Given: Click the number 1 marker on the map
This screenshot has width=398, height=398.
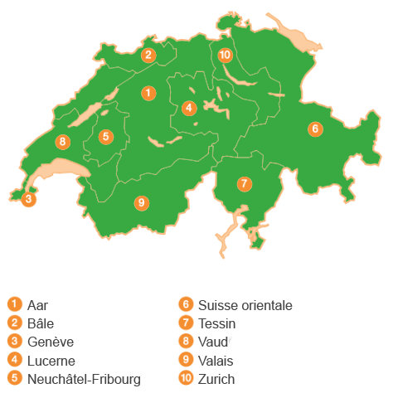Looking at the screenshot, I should tap(148, 93).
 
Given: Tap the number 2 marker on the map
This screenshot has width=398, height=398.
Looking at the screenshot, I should tap(148, 56).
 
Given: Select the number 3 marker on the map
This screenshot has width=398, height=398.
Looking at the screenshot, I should tap(28, 199).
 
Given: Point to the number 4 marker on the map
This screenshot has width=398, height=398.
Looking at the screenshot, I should tap(189, 108).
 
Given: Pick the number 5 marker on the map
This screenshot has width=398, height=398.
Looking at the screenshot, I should tap(105, 137).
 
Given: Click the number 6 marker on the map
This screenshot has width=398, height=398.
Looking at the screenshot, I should tap(314, 129).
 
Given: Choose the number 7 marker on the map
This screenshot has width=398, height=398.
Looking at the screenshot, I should tap(244, 184).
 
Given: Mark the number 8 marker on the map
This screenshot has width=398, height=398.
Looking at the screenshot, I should tap(62, 142).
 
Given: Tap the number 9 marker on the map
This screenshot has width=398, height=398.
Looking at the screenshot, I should tap(142, 202).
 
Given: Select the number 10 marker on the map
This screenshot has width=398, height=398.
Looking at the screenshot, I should tap(225, 56).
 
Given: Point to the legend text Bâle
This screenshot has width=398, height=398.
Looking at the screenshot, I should tap(41, 323).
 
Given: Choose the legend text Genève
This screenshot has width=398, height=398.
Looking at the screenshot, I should tap(51, 342).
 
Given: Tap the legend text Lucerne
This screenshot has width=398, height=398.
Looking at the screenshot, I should tap(51, 361).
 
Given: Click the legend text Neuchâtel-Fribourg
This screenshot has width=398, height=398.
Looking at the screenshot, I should tap(84, 379).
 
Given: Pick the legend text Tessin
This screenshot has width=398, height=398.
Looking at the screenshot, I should tap(217, 323).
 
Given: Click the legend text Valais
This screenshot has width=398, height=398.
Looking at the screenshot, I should tap(216, 361).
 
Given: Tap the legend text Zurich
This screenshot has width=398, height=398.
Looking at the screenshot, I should tap(217, 379).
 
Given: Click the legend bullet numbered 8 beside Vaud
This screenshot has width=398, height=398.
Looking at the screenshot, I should tap(187, 342).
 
